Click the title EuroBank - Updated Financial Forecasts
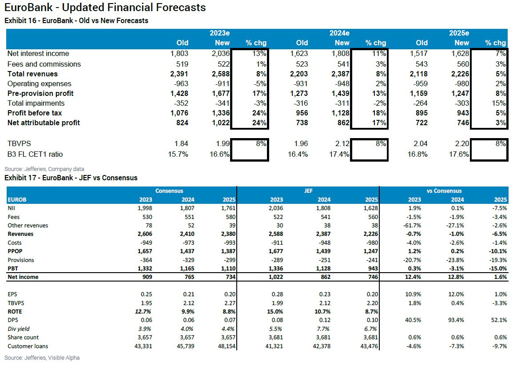[105, 8]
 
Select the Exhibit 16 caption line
[76, 20]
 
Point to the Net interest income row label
[38, 54]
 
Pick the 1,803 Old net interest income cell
[179, 54]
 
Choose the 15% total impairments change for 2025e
[500, 103]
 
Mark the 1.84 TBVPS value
[181, 143]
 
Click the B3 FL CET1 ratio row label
[35, 155]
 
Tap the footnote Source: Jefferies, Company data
[44, 169]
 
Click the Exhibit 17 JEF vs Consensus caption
[71, 178]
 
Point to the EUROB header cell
[17, 200]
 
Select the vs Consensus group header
[444, 191]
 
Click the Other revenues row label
[28, 226]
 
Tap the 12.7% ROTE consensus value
[142, 312]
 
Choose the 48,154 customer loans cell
[224, 346]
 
